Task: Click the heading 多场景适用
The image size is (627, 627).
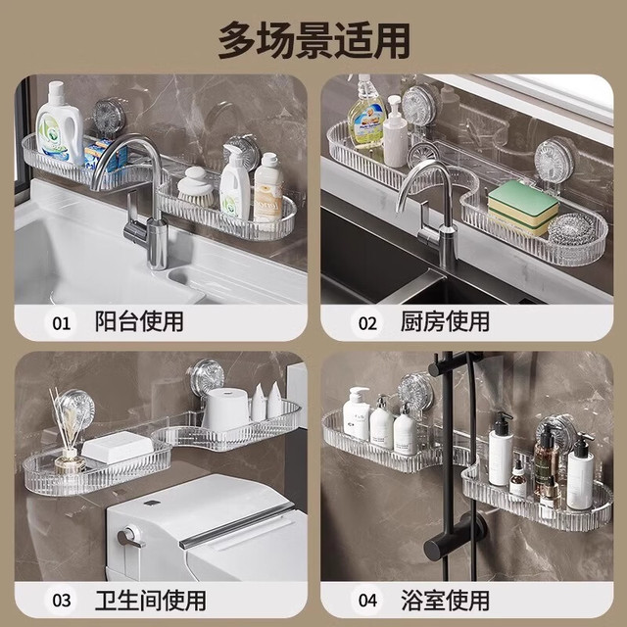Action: tap(313, 41)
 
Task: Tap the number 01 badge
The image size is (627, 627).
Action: tap(61, 323)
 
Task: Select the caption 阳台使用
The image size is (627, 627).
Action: tap(139, 321)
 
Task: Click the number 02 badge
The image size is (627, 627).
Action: tap(367, 323)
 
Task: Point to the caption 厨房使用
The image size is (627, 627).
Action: tap(445, 321)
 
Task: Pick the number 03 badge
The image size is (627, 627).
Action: tap(61, 600)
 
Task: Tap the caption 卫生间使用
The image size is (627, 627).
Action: tap(150, 600)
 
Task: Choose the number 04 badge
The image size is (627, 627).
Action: tap(367, 600)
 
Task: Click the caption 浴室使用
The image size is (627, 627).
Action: tap(445, 600)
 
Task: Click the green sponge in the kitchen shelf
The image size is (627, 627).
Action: tap(523, 206)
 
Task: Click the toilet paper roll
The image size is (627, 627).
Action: tap(225, 410)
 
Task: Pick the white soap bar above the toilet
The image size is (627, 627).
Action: tap(118, 447)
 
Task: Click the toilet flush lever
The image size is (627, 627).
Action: tap(130, 538)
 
